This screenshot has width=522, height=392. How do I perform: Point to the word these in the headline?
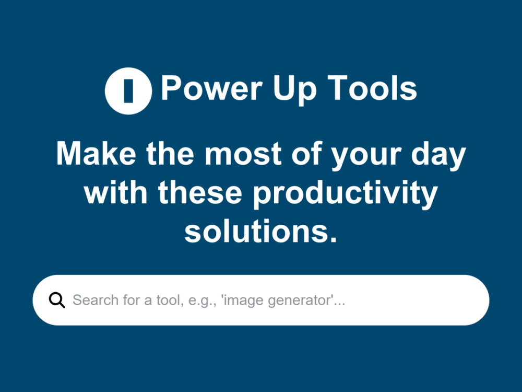coord(200,193)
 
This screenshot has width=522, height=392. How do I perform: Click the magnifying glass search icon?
coord(57,301)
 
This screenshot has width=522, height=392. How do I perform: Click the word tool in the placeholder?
coord(168,301)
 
